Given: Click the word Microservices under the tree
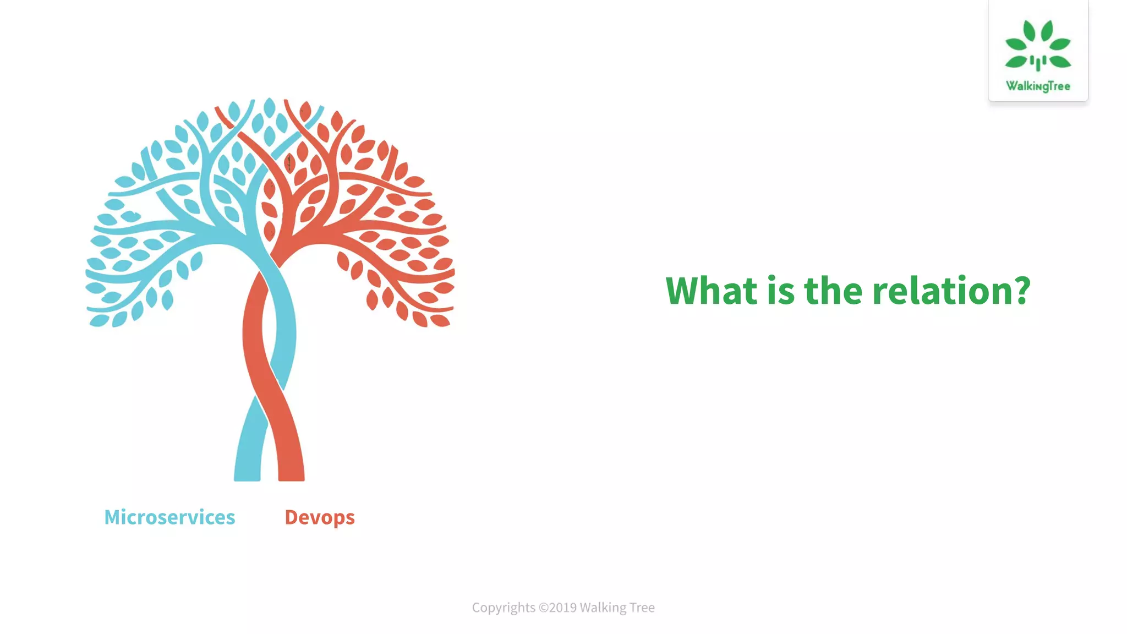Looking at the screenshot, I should [x=169, y=517].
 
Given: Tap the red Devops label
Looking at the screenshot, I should [x=320, y=517].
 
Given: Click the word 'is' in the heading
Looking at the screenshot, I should [x=781, y=290].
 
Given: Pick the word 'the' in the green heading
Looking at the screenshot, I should [x=833, y=290].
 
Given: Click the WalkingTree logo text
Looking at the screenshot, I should [x=1038, y=86].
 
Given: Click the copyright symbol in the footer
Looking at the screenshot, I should [x=543, y=608].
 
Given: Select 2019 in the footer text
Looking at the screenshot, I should [x=562, y=608].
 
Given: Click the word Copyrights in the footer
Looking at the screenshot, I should [x=504, y=608].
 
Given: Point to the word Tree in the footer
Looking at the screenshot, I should [x=642, y=608].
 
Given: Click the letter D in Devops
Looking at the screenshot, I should [x=292, y=517].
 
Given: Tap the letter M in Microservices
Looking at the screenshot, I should [x=113, y=517].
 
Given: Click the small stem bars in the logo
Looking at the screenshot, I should [x=1038, y=62].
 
